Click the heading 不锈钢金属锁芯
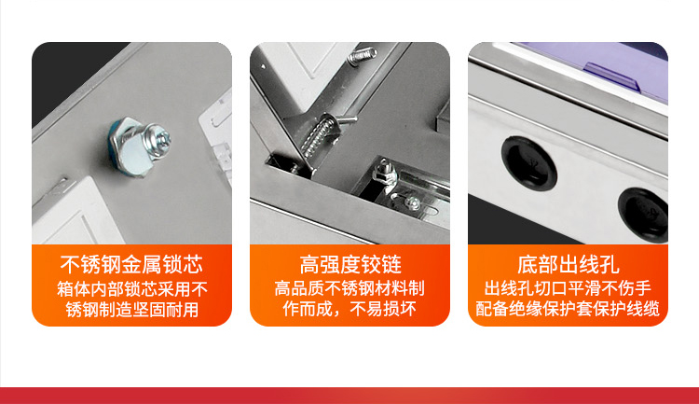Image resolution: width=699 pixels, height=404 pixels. (x=131, y=264)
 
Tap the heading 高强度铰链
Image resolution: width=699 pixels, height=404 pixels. (x=349, y=264)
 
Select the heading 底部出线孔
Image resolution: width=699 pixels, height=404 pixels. (x=568, y=264)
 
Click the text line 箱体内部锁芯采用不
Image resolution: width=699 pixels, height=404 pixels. (x=132, y=289)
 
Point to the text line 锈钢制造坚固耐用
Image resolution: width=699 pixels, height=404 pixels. (x=132, y=310)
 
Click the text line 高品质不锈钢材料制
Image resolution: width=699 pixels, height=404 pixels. (x=349, y=288)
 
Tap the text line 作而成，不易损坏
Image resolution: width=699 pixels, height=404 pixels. (x=349, y=309)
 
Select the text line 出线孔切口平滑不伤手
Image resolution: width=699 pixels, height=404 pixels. (x=568, y=288)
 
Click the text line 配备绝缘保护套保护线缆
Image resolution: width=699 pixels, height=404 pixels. (x=568, y=309)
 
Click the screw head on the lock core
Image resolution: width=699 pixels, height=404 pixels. (x=160, y=138)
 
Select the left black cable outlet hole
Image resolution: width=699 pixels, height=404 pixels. (x=528, y=163)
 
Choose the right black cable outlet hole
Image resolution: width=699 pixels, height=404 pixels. (x=644, y=216)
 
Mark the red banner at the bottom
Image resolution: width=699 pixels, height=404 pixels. (x=349, y=396)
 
